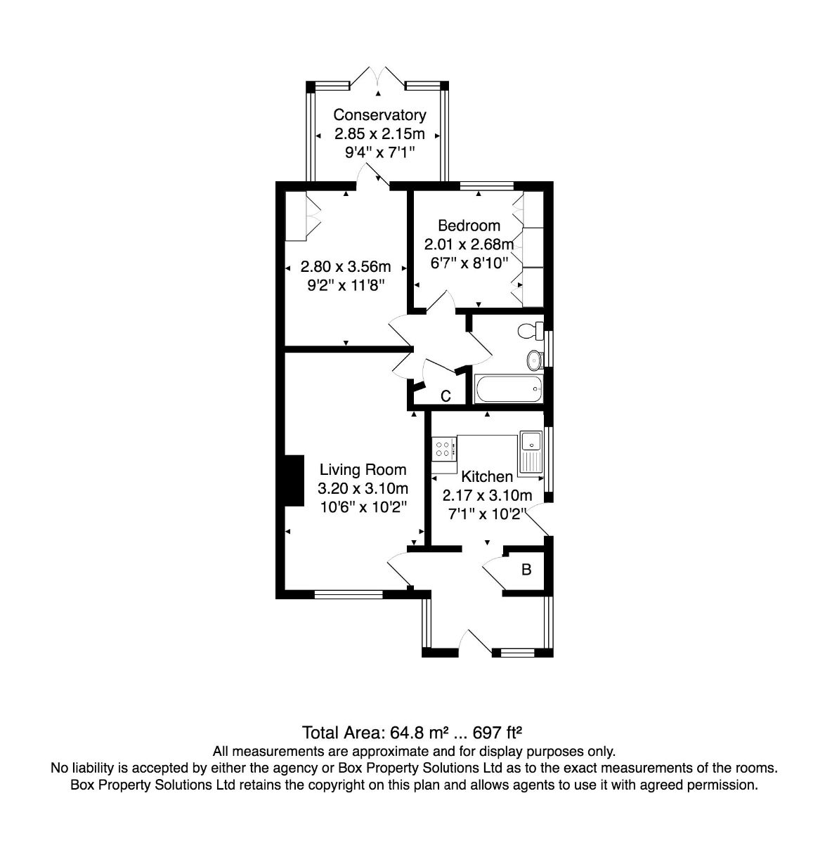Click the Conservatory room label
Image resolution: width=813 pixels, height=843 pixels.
379,115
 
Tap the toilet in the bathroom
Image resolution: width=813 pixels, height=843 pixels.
531,331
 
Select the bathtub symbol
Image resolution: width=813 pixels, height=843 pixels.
508,388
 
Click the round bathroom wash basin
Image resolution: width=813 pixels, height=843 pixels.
535,360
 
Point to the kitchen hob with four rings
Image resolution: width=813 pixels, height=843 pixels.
444,448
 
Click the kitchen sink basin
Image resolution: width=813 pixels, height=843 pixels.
531,441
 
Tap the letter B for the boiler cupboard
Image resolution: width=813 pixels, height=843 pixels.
526,569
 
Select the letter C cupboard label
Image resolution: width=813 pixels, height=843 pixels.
445,396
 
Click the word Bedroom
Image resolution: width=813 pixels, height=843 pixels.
469,226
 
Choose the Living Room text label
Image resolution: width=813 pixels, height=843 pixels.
363,469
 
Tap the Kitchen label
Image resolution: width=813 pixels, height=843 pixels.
487,476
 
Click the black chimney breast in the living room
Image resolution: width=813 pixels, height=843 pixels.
294,480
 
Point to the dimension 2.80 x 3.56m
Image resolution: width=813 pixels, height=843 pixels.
346,266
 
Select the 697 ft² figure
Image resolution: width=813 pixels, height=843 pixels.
497,733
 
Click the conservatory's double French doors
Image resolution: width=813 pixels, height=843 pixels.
377,79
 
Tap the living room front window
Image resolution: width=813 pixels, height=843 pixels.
349,594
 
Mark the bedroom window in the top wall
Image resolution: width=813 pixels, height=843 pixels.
487,186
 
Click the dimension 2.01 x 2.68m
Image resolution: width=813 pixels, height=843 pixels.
469,244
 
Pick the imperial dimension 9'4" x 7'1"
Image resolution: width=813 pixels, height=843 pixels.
379,152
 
